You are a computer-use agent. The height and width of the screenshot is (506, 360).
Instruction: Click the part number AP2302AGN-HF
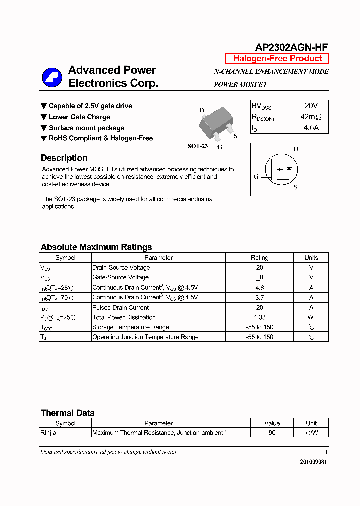[x=292, y=47]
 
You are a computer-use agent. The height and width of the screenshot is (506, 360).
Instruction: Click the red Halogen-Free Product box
[x=277, y=58]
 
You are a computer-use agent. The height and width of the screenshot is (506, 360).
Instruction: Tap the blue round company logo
[x=51, y=77]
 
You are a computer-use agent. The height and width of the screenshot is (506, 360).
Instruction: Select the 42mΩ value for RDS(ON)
[x=311, y=117]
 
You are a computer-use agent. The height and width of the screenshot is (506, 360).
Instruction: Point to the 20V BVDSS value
[x=311, y=106]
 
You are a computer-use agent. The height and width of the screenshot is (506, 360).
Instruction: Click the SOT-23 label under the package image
[x=198, y=146]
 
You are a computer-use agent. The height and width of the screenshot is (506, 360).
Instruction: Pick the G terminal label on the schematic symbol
[x=256, y=176]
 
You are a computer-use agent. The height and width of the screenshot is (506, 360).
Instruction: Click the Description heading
[x=64, y=158]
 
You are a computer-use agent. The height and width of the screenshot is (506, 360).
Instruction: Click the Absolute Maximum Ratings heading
[x=96, y=247]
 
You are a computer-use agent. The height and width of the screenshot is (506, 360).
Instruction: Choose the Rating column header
[x=259, y=258]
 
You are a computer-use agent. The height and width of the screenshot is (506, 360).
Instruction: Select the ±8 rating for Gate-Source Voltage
[x=259, y=277]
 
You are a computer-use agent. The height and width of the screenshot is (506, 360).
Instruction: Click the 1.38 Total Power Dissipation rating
[x=259, y=317]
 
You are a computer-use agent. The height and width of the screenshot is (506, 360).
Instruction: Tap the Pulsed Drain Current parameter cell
[x=121, y=307]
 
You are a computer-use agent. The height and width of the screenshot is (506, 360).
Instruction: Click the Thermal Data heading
[x=67, y=413]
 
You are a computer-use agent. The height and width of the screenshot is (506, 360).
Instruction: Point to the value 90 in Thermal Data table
[x=272, y=433]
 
